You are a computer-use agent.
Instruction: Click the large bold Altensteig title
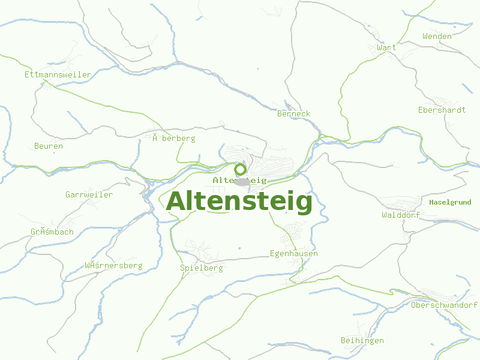pyautogui.click(x=239, y=202)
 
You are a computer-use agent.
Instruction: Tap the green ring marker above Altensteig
pyautogui.click(x=240, y=169)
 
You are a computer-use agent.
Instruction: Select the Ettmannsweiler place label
pyautogui.click(x=58, y=75)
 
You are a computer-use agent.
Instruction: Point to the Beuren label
pyautogui.click(x=49, y=146)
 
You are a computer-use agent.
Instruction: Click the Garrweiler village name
pyautogui.click(x=89, y=194)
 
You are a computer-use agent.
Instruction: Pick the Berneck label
pyautogui.click(x=294, y=113)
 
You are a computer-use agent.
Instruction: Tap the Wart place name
pyautogui.click(x=387, y=47)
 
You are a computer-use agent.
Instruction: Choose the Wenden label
pyautogui.click(x=437, y=36)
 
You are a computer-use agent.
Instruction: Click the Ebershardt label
pyautogui.click(x=442, y=110)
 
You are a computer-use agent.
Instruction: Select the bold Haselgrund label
pyautogui.click(x=450, y=202)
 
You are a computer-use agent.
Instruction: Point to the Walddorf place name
pyautogui.click(x=401, y=215)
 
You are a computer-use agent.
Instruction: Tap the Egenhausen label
pyautogui.click(x=294, y=253)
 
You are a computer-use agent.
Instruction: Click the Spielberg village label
pyautogui.click(x=202, y=268)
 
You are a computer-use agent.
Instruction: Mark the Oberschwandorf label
pyautogui.click(x=444, y=305)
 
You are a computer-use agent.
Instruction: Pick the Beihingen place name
pyautogui.click(x=362, y=340)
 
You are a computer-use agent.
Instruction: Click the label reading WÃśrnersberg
pyautogui.click(x=113, y=265)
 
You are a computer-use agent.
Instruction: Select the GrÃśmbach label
pyautogui.click(x=52, y=232)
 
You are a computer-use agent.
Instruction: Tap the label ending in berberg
pyautogui.click(x=174, y=138)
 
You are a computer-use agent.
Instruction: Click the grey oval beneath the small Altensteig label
pyautogui.click(x=242, y=182)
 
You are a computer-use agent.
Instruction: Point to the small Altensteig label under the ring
pyautogui.click(x=239, y=180)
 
